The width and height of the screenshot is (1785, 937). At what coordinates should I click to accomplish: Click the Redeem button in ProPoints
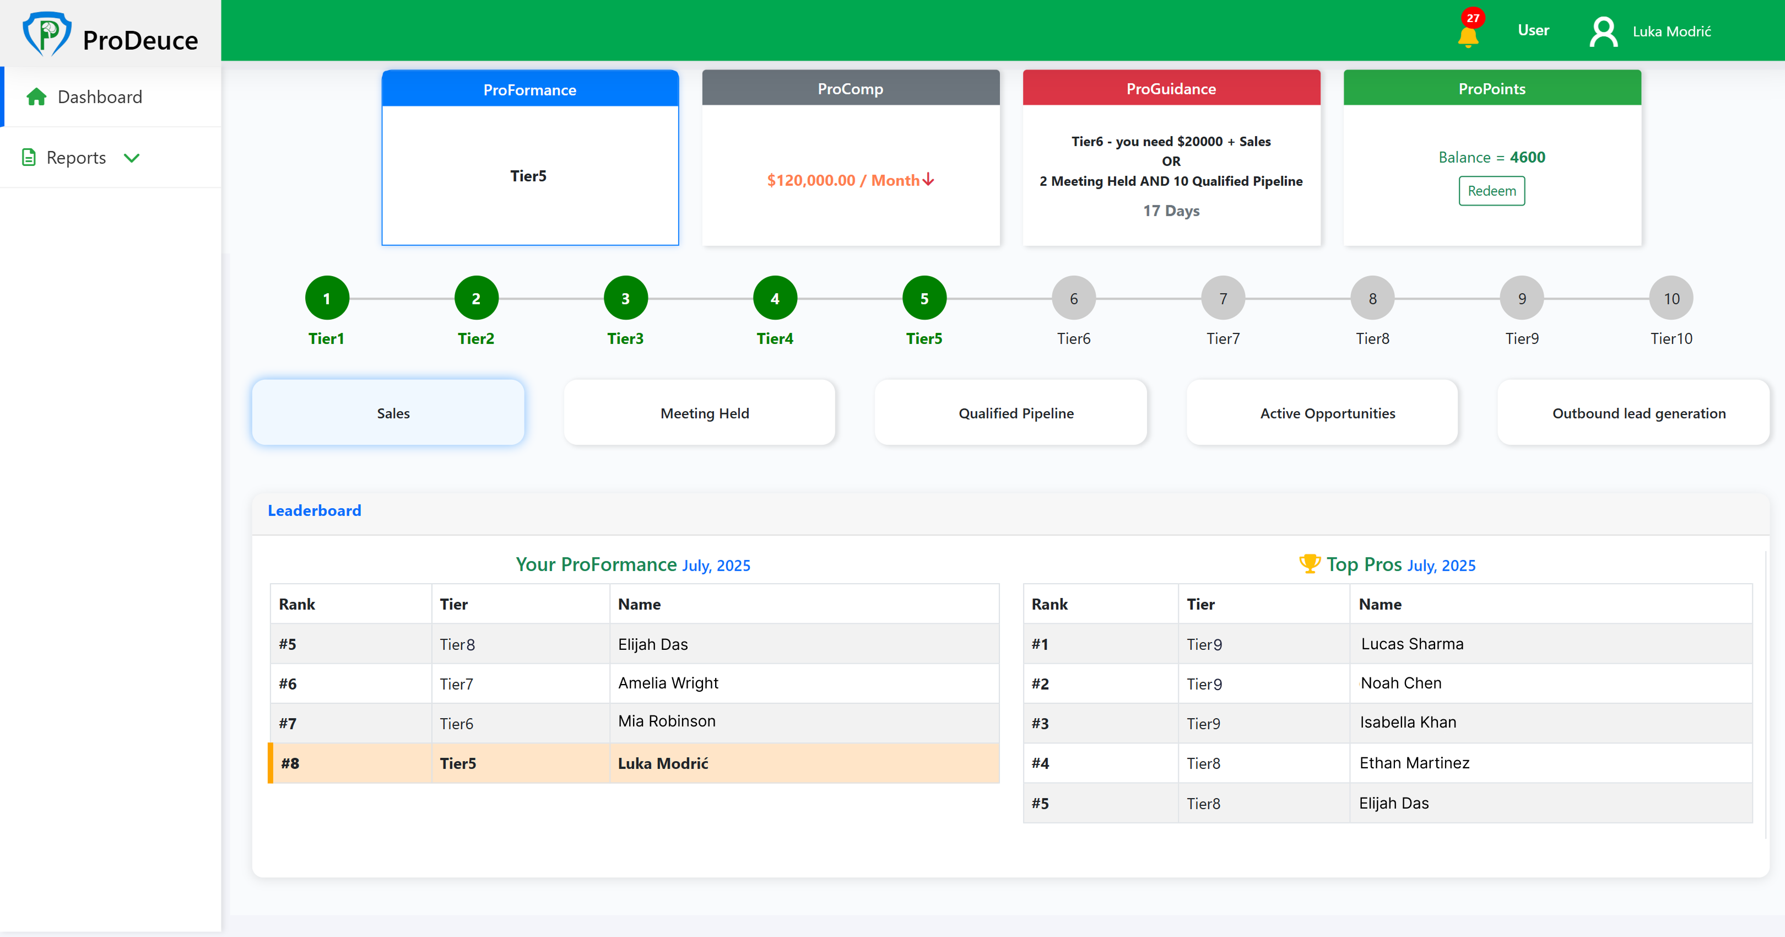[1491, 191]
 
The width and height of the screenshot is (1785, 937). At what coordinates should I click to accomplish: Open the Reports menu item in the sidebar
[76, 158]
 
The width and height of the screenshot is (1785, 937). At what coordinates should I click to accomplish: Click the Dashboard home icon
[36, 97]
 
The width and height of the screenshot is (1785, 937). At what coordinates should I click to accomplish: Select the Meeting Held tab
[704, 413]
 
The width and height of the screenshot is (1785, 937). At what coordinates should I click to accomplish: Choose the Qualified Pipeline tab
[1015, 413]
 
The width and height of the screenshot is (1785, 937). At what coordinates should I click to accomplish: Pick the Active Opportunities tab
[1327, 413]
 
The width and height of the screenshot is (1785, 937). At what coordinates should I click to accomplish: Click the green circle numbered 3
[625, 299]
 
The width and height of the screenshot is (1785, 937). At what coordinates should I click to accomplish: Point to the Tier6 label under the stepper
[1073, 339]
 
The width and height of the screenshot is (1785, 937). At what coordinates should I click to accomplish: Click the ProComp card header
[850, 89]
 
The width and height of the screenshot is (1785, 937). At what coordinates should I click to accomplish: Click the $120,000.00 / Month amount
[850, 180]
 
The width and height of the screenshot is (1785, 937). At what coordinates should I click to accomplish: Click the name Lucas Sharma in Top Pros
[1411, 644]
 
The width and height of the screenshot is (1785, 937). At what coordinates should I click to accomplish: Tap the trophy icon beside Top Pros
[1309, 563]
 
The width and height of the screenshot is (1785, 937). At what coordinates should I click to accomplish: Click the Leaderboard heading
[314, 511]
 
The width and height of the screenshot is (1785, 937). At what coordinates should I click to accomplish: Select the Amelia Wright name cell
[668, 683]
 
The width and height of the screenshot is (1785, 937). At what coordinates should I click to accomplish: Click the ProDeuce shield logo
[46, 33]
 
